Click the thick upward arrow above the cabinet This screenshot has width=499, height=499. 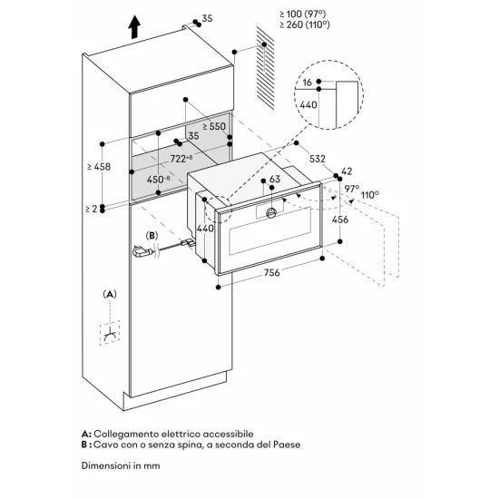pos(134,27)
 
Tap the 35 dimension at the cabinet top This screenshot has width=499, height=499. pos(207,17)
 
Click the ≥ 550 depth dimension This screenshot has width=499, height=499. pos(215,126)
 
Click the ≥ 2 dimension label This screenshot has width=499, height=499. pos(87,209)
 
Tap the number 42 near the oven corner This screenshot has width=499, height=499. pos(347,171)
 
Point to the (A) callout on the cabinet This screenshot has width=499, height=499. pos(111,294)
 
